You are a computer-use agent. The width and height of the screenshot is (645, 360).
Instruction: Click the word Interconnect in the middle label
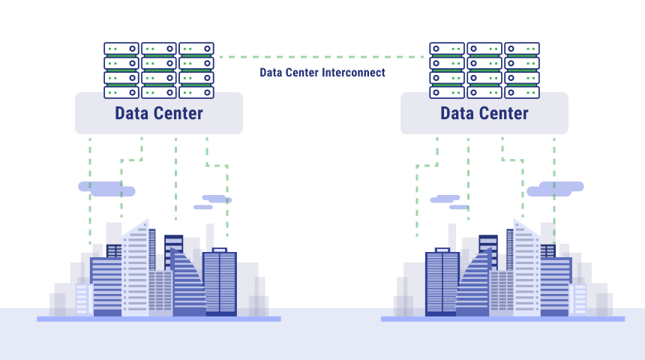pos(353,73)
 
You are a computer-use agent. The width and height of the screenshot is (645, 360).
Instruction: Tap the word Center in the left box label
pos(180,113)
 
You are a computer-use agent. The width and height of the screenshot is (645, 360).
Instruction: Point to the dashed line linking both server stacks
pos(322,57)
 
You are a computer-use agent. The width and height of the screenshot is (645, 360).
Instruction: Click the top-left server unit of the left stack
pos(121,49)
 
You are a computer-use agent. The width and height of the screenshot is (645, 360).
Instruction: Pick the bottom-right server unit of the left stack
pos(196,92)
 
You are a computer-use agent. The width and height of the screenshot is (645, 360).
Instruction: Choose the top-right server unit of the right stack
pos(521,49)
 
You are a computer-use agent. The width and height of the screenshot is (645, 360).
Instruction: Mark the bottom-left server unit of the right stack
pos(447,92)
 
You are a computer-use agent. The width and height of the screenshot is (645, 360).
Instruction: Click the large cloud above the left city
pos(106,189)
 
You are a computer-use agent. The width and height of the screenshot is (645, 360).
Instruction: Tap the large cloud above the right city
pos(555,189)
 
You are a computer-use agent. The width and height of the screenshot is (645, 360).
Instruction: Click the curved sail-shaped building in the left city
pos(187,284)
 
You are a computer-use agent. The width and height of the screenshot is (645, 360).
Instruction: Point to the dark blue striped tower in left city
pos(220,283)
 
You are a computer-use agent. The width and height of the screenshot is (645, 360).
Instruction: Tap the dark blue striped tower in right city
pos(442,283)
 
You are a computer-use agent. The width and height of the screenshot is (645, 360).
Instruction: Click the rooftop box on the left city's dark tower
pos(219,250)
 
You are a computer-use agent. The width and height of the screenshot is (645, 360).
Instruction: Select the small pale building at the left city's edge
pos(82,299)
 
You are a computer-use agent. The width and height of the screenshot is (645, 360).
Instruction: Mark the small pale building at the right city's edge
pos(580,299)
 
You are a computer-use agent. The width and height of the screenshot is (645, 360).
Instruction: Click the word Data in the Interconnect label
pos(271,73)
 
